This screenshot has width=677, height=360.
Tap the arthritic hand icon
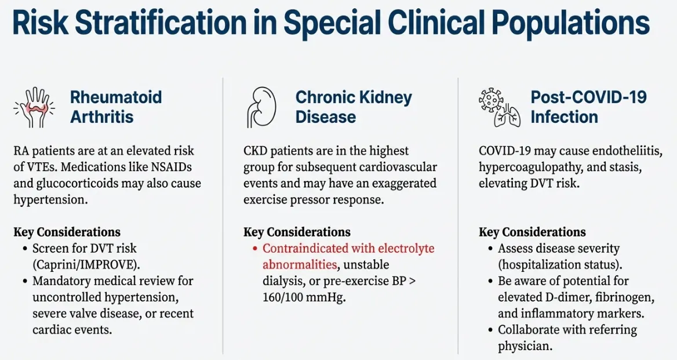click(33, 107)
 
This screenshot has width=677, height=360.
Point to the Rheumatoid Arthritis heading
click(116, 107)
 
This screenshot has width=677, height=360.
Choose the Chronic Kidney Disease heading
click(354, 107)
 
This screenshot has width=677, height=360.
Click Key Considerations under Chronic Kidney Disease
click(297, 232)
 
